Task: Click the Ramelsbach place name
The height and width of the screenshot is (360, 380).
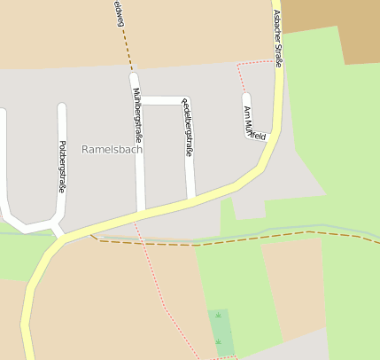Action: tap(112, 149)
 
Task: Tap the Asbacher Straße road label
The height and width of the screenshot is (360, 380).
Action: tap(277, 38)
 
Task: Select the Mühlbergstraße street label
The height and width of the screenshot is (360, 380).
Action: tap(137, 115)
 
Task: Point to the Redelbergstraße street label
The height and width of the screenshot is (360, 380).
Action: tap(187, 128)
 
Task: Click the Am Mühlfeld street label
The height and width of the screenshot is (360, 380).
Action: tap(254, 123)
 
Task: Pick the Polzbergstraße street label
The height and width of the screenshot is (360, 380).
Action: tap(62, 166)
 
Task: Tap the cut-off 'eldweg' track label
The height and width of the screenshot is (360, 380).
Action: tap(117, 13)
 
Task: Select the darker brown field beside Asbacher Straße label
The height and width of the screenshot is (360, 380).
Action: tap(337, 27)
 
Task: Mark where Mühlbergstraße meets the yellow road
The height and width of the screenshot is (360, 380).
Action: tap(141, 214)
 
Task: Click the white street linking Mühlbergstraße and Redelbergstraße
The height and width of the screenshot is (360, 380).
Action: tap(161, 100)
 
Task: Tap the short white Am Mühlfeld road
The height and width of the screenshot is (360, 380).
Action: tap(247, 113)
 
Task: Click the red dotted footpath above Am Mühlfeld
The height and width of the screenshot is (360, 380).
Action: tap(255, 62)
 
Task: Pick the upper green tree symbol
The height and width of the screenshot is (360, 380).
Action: tap(218, 315)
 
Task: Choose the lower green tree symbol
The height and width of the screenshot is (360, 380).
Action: tap(218, 341)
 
